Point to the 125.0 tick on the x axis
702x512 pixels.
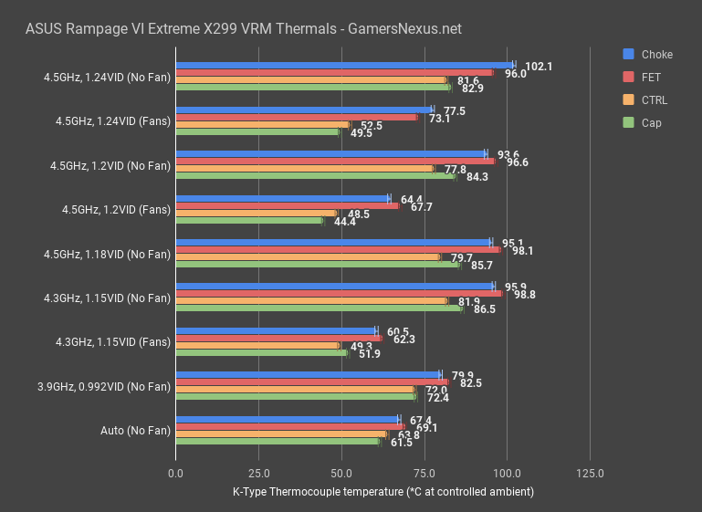pos(590,474)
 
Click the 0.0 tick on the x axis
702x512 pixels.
pos(176,474)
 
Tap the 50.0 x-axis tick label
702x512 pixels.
pos(341,474)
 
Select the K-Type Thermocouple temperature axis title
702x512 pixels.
pos(382,492)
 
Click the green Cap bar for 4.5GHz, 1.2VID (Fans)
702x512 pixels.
pos(249,220)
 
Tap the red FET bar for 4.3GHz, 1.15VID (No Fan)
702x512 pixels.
pos(338,294)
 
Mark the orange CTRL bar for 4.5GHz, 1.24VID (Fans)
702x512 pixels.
pos(262,124)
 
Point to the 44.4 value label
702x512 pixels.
pos(345,222)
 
